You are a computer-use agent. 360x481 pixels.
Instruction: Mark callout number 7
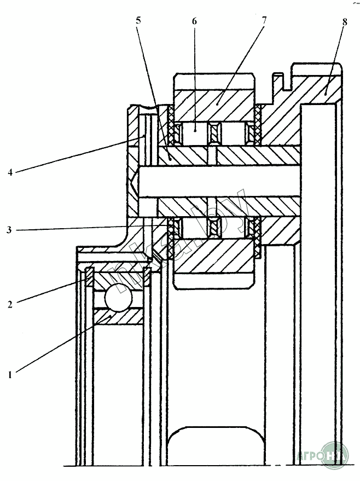point(264,21)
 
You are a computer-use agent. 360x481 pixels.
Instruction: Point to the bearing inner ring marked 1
point(119,317)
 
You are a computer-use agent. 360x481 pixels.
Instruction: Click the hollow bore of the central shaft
point(219,181)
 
